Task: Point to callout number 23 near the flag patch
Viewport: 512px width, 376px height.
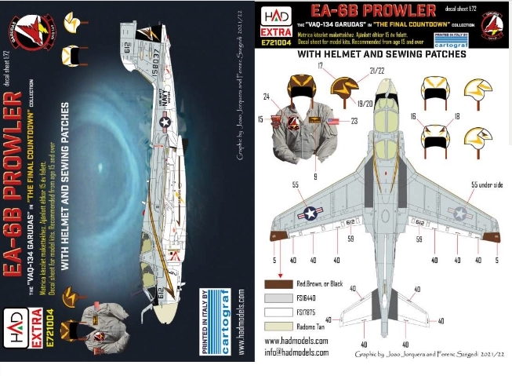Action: pos(355,121)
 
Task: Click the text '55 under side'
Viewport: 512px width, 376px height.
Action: pos(487,184)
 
